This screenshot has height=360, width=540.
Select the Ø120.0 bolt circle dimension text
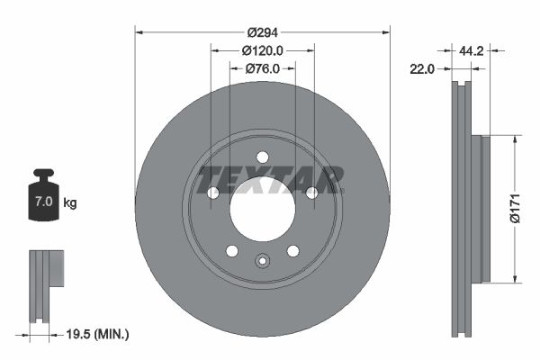263,51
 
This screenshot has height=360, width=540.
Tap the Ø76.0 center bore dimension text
263,68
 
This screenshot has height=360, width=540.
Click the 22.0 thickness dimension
422,68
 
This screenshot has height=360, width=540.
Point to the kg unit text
70,203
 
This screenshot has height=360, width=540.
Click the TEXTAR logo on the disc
271,179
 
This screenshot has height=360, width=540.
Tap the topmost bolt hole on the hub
262,157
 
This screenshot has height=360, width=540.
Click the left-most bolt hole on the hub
213,193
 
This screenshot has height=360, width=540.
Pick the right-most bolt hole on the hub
311,193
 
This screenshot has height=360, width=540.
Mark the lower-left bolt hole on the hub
232,250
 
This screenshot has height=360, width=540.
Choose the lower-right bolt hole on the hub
292,250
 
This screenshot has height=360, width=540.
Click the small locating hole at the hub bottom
262,262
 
